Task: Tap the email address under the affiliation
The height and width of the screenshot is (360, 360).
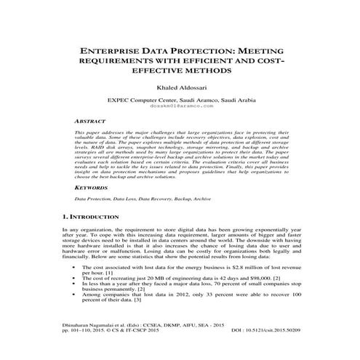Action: (x=180, y=106)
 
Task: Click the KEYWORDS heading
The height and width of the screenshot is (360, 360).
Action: (x=93, y=188)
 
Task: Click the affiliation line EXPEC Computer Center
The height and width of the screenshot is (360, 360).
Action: (x=180, y=100)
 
